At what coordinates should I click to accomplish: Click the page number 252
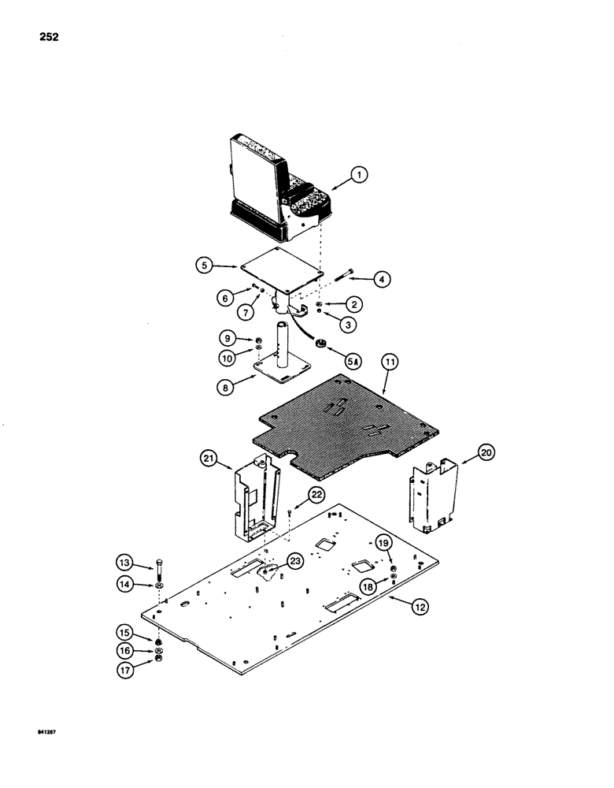coord(46,37)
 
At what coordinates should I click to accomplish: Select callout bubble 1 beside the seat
coord(361,177)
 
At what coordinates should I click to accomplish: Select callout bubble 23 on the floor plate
coord(273,563)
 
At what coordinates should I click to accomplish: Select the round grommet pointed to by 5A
coord(321,344)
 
